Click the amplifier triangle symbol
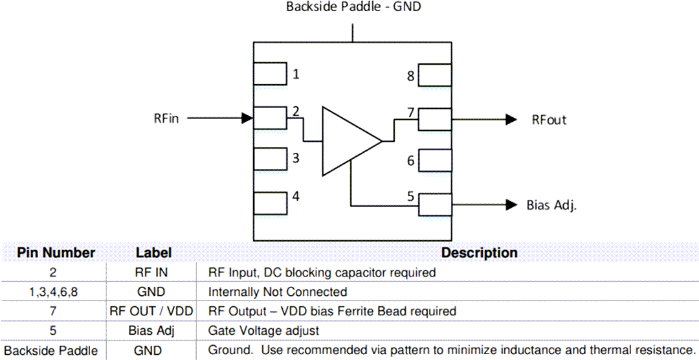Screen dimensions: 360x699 tap(346, 141)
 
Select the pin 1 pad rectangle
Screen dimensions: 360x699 tap(270, 74)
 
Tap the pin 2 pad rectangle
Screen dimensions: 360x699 tap(270, 118)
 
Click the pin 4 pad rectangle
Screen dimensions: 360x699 tap(270, 203)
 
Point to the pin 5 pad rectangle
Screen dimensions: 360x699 tap(435, 205)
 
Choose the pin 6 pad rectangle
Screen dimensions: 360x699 tap(435, 160)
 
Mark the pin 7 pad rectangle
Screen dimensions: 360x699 tap(435, 119)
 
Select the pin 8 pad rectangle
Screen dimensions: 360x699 tap(435, 75)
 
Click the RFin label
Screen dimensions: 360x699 tap(166, 118)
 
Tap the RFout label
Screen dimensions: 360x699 tap(549, 120)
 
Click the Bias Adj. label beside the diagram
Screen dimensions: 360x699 tap(551, 205)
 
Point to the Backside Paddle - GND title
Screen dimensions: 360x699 tap(354, 8)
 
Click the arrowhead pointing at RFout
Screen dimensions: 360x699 tap(511, 119)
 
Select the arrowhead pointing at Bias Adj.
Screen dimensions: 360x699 tap(511, 205)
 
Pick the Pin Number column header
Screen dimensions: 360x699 tap(56, 253)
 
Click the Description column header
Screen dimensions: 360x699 tap(479, 253)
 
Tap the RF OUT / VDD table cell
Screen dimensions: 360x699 tap(152, 311)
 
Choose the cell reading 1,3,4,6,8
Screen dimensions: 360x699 tap(54, 292)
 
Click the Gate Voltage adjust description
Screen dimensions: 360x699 tap(263, 331)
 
